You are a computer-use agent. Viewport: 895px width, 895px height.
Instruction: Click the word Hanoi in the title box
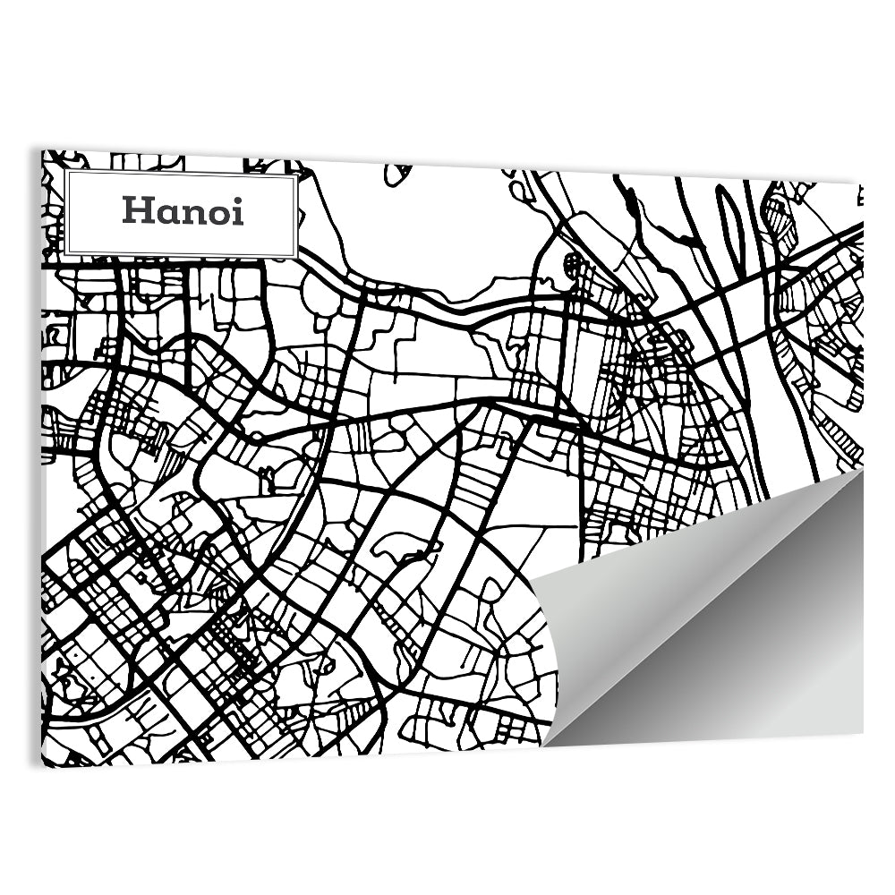183,211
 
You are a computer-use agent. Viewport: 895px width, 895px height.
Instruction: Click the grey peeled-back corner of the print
716,626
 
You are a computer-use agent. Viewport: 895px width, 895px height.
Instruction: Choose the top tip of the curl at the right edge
862,469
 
